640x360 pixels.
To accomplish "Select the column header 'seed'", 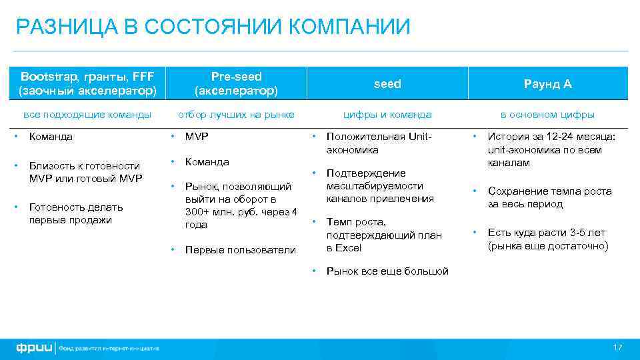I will pyautogui.click(x=387, y=84).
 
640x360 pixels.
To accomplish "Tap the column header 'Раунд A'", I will pyautogui.click(x=547, y=84).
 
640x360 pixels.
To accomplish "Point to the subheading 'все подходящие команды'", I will pyautogui.click(x=87, y=115).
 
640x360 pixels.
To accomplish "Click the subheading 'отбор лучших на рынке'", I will pyautogui.click(x=236, y=115).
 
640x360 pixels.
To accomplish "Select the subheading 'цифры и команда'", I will pyautogui.click(x=387, y=115).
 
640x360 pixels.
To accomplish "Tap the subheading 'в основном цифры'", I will pyautogui.click(x=547, y=115).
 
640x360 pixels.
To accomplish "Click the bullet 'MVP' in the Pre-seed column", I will pyautogui.click(x=197, y=137).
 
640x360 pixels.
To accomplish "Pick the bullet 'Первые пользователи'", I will pyautogui.click(x=240, y=250).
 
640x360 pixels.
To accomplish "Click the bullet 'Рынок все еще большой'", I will pyautogui.click(x=387, y=271).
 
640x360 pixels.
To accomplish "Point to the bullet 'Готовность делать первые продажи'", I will pyautogui.click(x=75, y=213).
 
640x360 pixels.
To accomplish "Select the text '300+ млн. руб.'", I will pyautogui.click(x=219, y=212).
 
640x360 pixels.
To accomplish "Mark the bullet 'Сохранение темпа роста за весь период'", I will pyautogui.click(x=549, y=197).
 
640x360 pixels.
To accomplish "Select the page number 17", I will pyautogui.click(x=617, y=348).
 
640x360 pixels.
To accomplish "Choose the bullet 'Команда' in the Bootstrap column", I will pyautogui.click(x=51, y=137).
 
